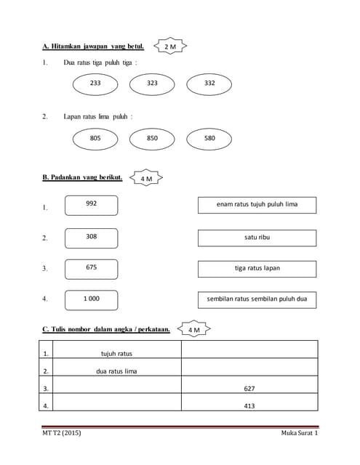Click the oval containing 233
(x=95, y=84)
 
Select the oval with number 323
(x=152, y=84)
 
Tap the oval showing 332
(x=209, y=84)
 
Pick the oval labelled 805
(x=95, y=138)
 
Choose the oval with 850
(x=152, y=138)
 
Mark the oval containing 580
(x=209, y=138)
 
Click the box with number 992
(x=91, y=205)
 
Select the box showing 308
(x=91, y=237)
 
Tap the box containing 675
(x=91, y=268)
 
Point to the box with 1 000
(x=91, y=299)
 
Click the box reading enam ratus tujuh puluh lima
(x=257, y=205)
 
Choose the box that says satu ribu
(x=257, y=238)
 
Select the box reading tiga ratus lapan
(x=257, y=269)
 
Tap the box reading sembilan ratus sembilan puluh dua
(x=257, y=299)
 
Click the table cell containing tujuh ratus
(x=116, y=354)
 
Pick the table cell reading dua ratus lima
(x=116, y=371)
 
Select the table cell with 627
(x=249, y=389)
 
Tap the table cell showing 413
(x=249, y=406)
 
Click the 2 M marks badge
(x=171, y=46)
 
